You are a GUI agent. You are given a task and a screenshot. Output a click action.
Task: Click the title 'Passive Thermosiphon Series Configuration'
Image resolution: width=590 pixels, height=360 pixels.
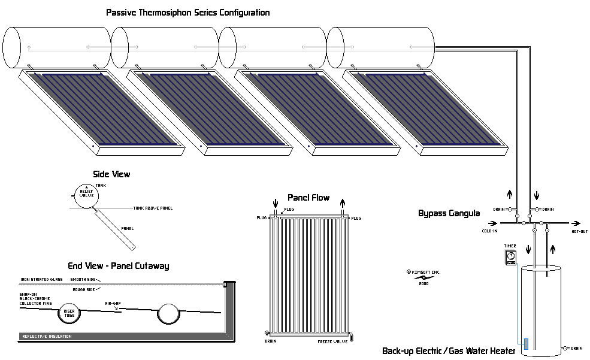coord(187,12)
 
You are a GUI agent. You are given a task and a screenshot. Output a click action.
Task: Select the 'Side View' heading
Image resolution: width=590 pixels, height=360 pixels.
coord(111,174)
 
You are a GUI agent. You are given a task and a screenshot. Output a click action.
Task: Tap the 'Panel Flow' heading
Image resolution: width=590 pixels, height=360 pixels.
coord(308,197)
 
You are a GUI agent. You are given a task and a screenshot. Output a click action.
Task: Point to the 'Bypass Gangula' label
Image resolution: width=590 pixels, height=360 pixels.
coord(449,213)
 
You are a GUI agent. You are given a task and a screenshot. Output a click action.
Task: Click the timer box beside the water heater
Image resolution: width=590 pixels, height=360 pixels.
coord(510,258)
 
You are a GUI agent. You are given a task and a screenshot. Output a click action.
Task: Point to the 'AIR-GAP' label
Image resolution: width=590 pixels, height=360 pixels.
coord(114,304)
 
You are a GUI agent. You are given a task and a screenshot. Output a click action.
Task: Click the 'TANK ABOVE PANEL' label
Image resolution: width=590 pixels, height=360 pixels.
coord(153,208)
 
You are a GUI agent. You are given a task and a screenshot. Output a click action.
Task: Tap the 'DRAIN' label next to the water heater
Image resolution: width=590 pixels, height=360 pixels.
coord(576,348)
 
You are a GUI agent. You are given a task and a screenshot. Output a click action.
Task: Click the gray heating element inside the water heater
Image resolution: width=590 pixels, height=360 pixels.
coord(526,344)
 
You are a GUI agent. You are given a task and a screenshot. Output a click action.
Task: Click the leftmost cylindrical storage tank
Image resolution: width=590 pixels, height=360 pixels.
coord(58,46)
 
